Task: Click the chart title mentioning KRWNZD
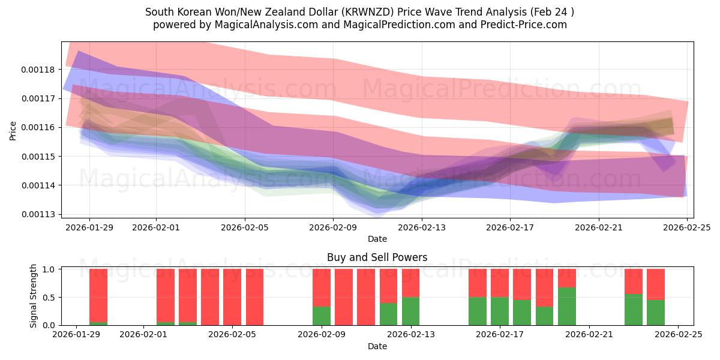pos(359,12)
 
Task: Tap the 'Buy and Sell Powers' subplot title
pos(377,257)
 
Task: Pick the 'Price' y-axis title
pos(13,130)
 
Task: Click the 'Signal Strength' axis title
pos(34,296)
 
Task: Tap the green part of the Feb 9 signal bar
pos(322,316)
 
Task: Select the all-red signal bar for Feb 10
pos(344,297)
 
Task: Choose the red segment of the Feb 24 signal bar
pos(656,284)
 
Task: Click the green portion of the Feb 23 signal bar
pos(634,310)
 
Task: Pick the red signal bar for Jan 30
pos(98,295)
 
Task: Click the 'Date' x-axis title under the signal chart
pos(377,346)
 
